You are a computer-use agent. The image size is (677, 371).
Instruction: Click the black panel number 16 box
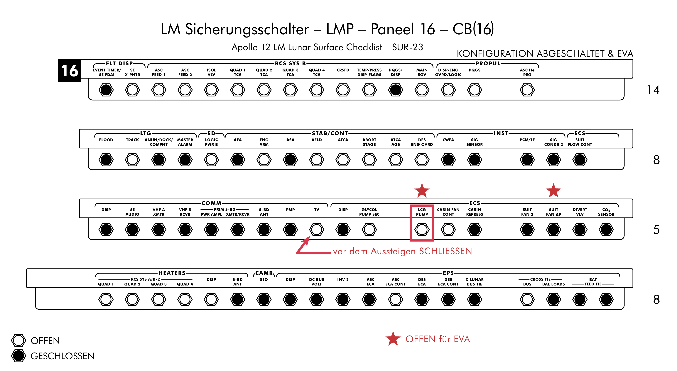click(69, 70)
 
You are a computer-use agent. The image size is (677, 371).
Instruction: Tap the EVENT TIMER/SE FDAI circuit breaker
click(106, 90)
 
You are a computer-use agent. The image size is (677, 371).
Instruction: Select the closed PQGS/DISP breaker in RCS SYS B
click(396, 90)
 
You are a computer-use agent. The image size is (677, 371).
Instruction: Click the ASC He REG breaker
click(527, 90)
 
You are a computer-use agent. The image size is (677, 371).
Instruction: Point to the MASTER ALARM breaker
click(185, 160)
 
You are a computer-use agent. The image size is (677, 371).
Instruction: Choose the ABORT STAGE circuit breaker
click(369, 160)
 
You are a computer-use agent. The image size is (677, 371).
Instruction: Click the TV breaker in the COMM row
click(317, 229)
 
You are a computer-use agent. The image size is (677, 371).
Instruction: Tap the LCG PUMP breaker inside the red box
click(422, 229)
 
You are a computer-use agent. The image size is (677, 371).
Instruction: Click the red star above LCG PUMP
click(422, 191)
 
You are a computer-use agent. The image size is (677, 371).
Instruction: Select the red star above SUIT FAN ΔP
click(553, 191)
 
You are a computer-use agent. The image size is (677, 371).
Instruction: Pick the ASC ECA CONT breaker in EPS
click(396, 299)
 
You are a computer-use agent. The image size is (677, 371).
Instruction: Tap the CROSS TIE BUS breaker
click(527, 299)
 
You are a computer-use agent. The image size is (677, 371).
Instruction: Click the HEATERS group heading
click(172, 273)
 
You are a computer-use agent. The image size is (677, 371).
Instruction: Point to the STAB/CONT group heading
click(330, 133)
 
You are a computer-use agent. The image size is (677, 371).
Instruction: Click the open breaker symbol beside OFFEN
click(18, 341)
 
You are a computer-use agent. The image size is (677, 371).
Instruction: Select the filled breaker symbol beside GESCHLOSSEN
click(18, 356)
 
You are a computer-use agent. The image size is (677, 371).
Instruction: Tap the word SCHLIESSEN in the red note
click(445, 251)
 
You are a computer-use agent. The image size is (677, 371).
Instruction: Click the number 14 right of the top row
click(653, 90)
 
